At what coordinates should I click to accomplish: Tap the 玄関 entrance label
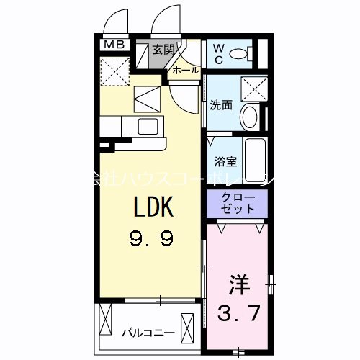pos(163,50)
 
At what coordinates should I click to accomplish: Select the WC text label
pos(220,52)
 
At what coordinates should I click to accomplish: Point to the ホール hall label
pos(186,70)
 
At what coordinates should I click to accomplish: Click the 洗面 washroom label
pos(220,105)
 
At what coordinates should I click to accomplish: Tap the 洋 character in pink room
pos(238,283)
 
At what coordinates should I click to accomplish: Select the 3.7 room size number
pos(238,312)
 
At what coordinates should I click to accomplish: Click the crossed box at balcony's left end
pos(108,317)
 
